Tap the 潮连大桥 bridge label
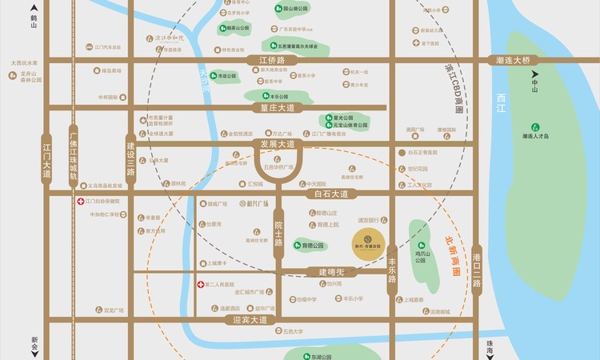click(x=513, y=60)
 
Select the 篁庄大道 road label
click(x=272, y=107)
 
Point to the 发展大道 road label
click(x=278, y=144)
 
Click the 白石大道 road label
click(x=328, y=194)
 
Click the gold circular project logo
click(x=364, y=238)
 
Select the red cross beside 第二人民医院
click(x=200, y=284)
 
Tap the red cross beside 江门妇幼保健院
click(x=81, y=202)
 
